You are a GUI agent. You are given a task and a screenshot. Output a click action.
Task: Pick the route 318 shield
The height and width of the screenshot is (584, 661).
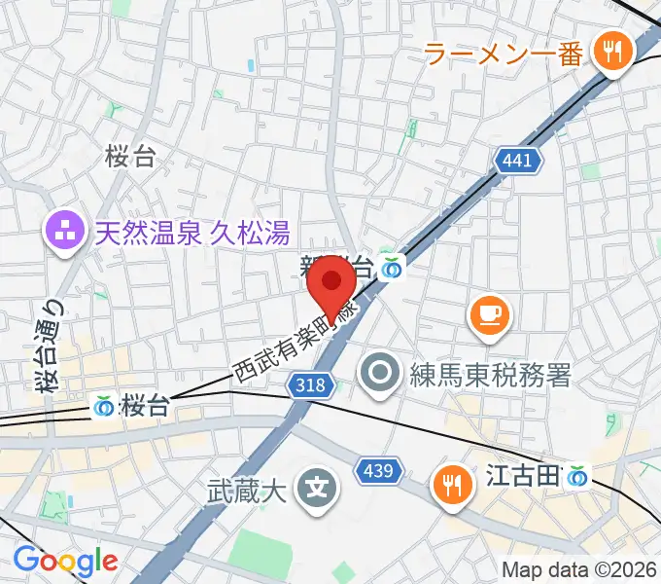(307, 385)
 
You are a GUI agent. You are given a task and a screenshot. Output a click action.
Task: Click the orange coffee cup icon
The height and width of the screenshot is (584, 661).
(488, 314)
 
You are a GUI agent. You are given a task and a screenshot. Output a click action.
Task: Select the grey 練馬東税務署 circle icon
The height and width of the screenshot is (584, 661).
(377, 372)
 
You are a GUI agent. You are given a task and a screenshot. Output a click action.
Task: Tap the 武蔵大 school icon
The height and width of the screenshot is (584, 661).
(316, 483)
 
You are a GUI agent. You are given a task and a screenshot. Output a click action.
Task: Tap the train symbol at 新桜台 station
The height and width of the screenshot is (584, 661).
(392, 265)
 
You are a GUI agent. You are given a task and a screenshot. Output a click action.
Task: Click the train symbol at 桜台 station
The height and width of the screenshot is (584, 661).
(104, 406)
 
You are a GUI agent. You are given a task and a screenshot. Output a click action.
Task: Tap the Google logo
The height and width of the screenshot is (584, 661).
(65, 561)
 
